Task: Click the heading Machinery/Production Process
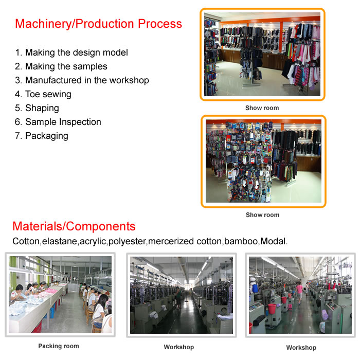tap(99, 24)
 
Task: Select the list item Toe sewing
tap(43, 94)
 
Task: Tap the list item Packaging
tap(42, 136)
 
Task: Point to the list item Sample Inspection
tap(58, 122)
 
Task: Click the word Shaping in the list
tap(42, 108)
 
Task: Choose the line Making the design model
tap(71, 52)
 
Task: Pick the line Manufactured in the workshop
tap(82, 80)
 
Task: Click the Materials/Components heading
tap(74, 226)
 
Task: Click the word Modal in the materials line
tap(273, 241)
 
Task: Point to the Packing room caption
tap(59, 346)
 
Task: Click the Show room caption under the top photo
tap(262, 108)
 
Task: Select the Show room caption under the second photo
tap(262, 215)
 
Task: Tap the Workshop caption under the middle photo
tap(179, 347)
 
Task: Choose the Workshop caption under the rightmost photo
tap(301, 347)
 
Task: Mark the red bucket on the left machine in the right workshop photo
tap(272, 309)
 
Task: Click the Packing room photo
tap(60, 295)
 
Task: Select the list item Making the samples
tap(61, 66)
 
